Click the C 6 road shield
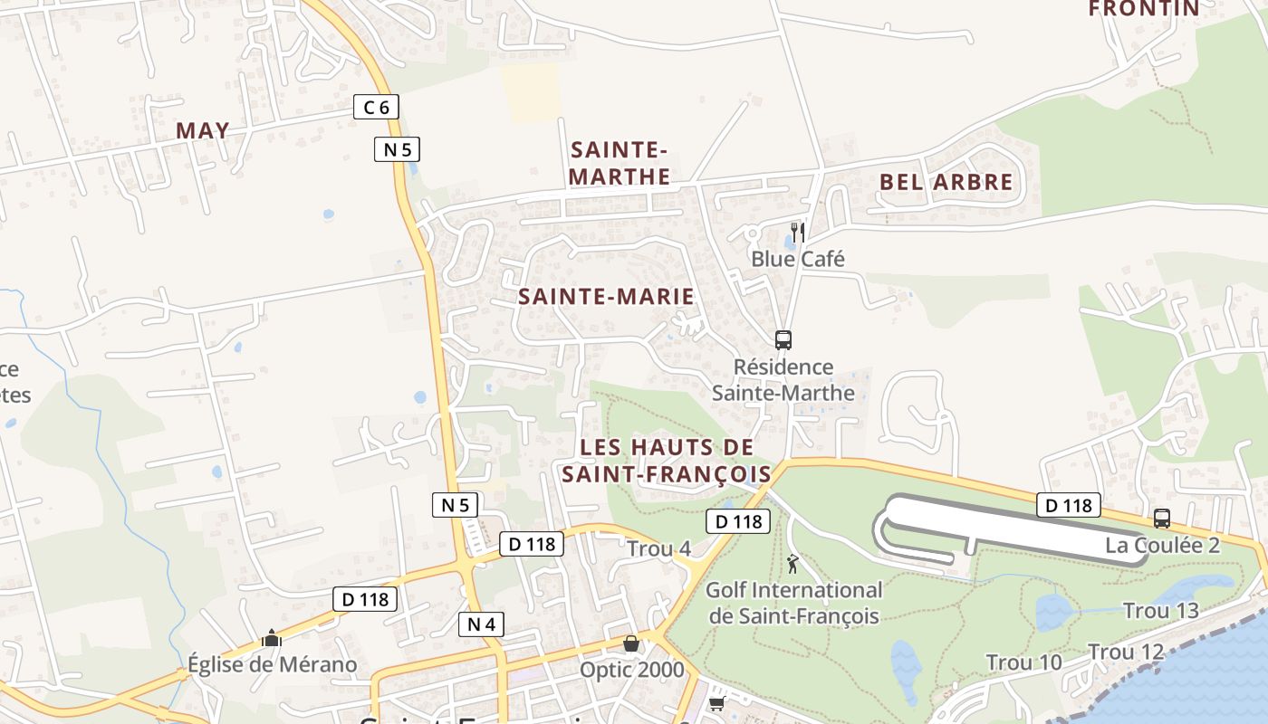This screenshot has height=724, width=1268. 376,108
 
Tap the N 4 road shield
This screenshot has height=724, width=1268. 480,624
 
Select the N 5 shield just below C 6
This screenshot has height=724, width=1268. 397,149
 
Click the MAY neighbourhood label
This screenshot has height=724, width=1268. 203,130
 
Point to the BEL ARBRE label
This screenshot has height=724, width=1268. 946,182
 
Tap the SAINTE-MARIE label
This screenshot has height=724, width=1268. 606,296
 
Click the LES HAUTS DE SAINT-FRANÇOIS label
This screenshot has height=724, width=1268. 667,460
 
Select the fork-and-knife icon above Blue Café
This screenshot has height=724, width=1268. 797,232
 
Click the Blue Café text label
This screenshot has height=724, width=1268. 797,259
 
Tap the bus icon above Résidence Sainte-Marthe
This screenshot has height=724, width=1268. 783,340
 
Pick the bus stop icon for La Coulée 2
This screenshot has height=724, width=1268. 1161,519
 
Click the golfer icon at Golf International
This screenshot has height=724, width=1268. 793,564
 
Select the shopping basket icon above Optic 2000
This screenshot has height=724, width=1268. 631,643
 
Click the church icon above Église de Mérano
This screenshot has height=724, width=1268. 271,639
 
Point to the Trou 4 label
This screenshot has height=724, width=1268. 658,548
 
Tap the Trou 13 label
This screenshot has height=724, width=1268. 1160,611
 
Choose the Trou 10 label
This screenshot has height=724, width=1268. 1023,662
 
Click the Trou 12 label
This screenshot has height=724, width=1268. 1125,652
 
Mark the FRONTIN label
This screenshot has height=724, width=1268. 1143,9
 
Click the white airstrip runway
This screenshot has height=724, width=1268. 1005,526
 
